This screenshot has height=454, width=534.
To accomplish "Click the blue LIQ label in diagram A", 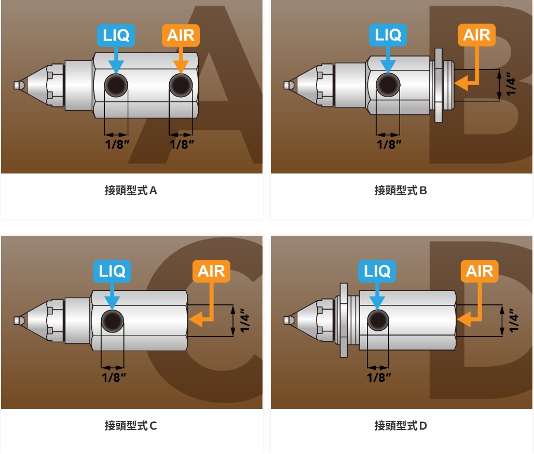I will pyautogui.click(x=116, y=35).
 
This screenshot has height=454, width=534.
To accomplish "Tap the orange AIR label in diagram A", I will pyautogui.click(x=181, y=35).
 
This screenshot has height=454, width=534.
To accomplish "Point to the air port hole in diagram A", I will pyautogui.click(x=181, y=85).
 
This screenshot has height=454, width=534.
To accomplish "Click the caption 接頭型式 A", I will pyautogui.click(x=131, y=191).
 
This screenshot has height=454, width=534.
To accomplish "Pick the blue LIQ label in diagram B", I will pyautogui.click(x=388, y=35).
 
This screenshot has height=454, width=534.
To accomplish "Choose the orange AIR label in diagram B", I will pyautogui.click(x=476, y=35).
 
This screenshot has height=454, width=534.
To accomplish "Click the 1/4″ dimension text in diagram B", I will pyautogui.click(x=511, y=84).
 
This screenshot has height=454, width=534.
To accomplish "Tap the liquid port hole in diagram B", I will pyautogui.click(x=388, y=85).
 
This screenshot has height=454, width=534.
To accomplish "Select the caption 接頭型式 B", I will pyautogui.click(x=401, y=191).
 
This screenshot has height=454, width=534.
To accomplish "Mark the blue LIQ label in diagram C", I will pyautogui.click(x=112, y=271).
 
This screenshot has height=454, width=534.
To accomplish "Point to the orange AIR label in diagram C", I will pyautogui.click(x=211, y=271).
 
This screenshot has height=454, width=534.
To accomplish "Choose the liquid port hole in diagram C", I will pyautogui.click(x=113, y=319).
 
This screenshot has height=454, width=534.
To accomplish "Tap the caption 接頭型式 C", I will pyautogui.click(x=131, y=426).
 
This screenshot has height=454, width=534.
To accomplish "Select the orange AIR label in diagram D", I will pyautogui.click(x=480, y=271).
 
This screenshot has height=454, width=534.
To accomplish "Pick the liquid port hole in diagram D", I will pyautogui.click(x=378, y=319).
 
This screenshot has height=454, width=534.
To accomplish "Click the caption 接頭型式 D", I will pyautogui.click(x=401, y=426).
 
